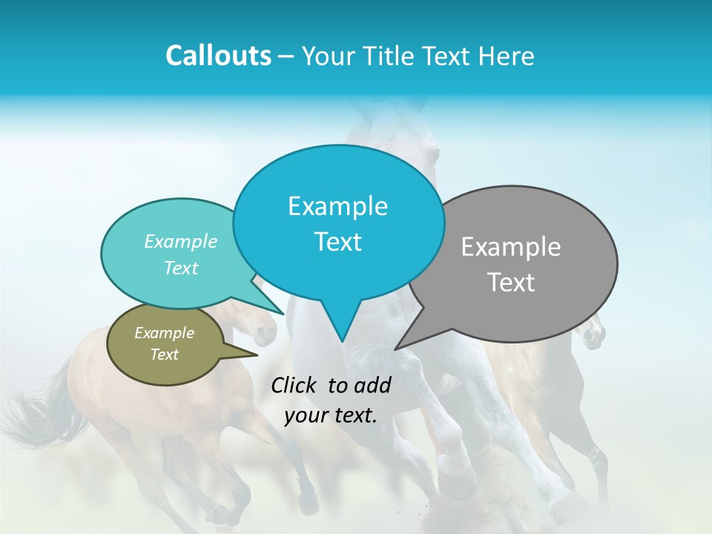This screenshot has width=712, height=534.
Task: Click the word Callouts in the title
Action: coord(218,56)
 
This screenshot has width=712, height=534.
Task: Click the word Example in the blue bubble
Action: coord(337,206)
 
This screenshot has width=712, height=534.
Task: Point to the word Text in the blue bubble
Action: coord(337,242)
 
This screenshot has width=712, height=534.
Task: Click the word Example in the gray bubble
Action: coord(511,247)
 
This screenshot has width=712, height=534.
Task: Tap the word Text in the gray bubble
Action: coord(511,283)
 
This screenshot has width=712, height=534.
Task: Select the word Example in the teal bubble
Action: coord(181,241)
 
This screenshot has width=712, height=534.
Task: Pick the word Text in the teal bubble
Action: coord(181,268)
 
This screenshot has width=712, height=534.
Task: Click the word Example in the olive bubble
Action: coord(165,333)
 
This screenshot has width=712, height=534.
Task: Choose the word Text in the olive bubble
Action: coord(165,355)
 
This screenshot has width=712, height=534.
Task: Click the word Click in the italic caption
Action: coord(294,385)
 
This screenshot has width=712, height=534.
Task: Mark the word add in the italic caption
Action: coord(372,385)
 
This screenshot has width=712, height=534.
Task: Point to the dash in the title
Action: coord(286,56)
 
